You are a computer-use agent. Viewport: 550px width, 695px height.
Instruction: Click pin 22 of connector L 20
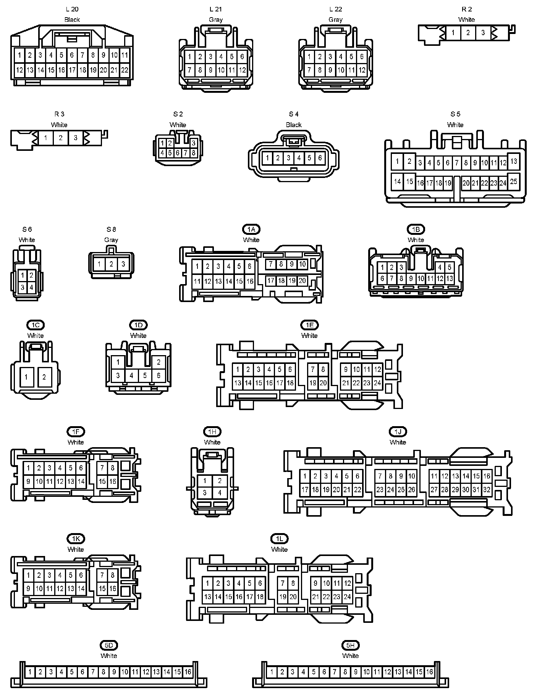(125, 70)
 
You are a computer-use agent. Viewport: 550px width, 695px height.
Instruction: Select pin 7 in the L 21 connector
(189, 70)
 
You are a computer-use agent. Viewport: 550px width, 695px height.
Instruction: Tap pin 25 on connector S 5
(513, 181)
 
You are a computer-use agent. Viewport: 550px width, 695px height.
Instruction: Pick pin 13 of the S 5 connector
(513, 161)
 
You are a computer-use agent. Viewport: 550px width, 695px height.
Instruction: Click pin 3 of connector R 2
(483, 33)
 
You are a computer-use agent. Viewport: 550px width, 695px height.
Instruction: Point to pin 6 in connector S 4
(320, 158)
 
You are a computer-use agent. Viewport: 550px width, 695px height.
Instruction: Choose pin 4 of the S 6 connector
(31, 287)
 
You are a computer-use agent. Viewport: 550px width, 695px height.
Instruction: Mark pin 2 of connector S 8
(111, 264)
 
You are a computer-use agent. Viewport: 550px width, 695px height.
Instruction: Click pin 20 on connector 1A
(302, 281)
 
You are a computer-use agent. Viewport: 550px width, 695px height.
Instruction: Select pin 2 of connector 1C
(44, 377)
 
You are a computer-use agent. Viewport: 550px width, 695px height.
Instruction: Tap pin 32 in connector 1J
(487, 490)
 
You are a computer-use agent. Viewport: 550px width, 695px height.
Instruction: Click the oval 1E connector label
(309, 325)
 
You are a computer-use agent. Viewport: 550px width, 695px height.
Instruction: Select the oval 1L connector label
(279, 539)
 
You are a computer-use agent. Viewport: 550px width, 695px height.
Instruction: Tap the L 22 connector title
(336, 9)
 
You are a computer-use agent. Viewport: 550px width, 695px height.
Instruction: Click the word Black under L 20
(72, 19)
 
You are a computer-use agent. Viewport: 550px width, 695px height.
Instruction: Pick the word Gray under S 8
(111, 240)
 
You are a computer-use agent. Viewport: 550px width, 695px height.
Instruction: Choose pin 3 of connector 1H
(205, 493)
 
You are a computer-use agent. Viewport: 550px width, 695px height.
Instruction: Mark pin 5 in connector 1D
(145, 375)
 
